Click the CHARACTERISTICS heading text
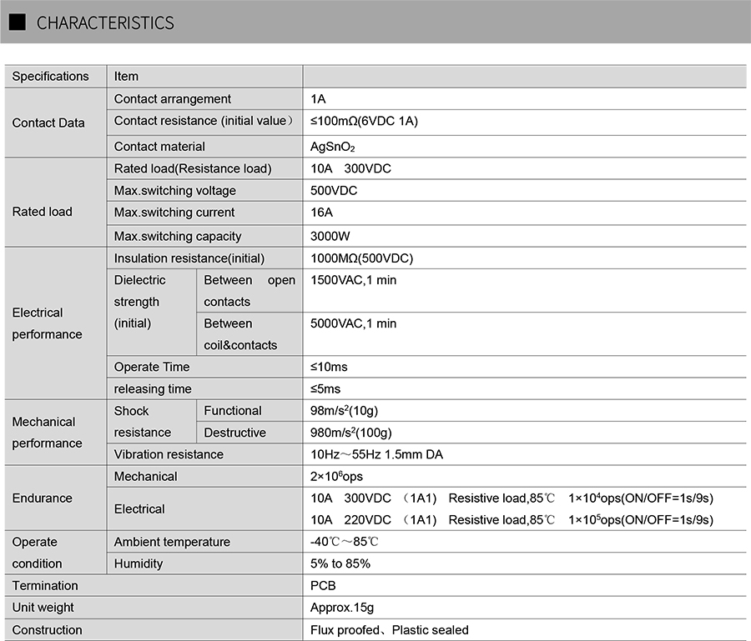pos(105,23)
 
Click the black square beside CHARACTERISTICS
pos(17,23)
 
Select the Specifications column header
pos(50,76)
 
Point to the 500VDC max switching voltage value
pos(334,191)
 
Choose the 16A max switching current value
pos(321,213)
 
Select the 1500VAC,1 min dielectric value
pos(354,280)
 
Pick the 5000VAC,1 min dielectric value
pos(354,323)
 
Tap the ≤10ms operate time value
pos(329,367)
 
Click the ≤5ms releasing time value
pos(325,389)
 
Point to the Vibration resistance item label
pos(169,454)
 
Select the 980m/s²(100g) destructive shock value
pos(351,433)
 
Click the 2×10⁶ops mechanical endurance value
pos(337,476)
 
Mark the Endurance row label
pos(42,498)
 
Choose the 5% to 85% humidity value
pos(340,563)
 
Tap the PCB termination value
pos(323,586)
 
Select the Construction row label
pos(47,630)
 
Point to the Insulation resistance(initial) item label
pos(189,258)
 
